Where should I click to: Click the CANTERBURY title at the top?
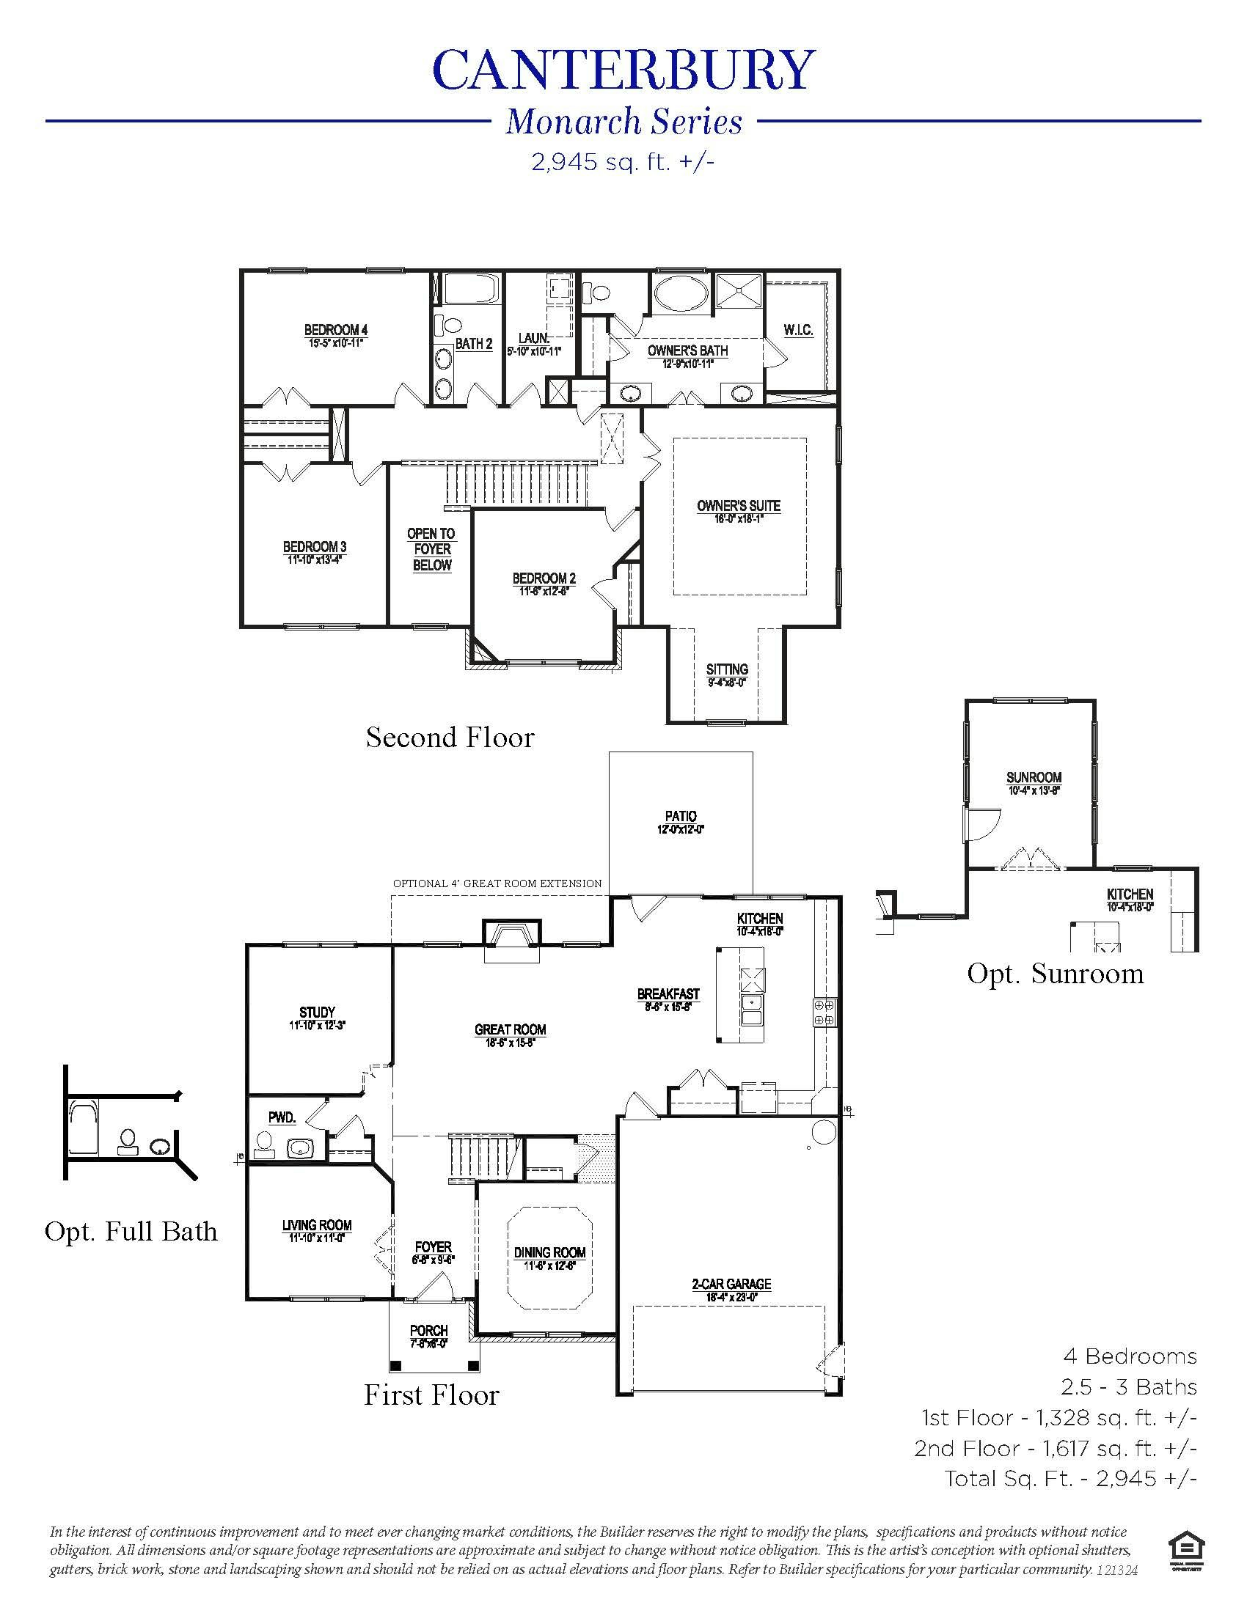click(x=623, y=72)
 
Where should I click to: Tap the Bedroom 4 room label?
click(x=336, y=330)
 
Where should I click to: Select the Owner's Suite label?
click(x=738, y=507)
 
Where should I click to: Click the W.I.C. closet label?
click(x=799, y=330)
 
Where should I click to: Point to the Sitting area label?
click(x=727, y=670)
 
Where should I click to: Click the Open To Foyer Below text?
click(x=431, y=549)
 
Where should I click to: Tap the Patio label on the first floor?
click(x=680, y=816)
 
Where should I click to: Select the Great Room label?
click(x=510, y=1029)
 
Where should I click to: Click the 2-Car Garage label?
click(x=731, y=1285)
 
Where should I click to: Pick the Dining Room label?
click(x=549, y=1252)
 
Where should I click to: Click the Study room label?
click(x=317, y=1012)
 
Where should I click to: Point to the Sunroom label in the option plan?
click(x=1034, y=778)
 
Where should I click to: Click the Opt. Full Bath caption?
click(x=131, y=1231)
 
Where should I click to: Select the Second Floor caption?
click(x=450, y=737)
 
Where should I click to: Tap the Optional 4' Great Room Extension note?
click(x=497, y=883)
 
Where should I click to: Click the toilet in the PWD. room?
click(x=263, y=1143)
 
